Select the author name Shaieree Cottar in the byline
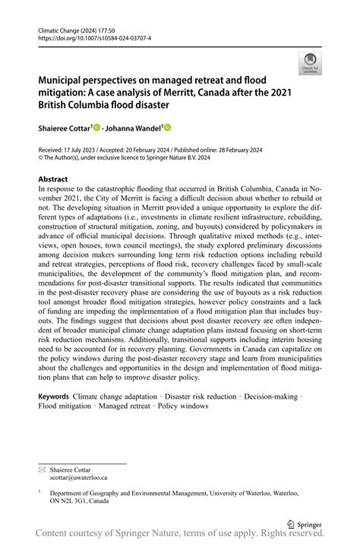tap(64, 128)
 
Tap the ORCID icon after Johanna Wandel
tap(168, 128)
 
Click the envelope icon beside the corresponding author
tap(43, 469)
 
